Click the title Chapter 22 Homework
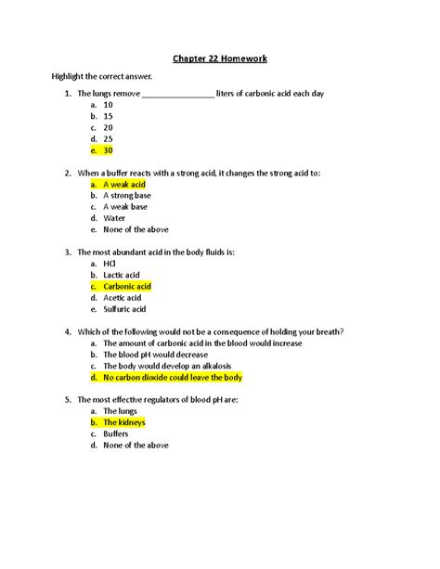click(219, 58)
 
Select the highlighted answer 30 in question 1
click(109, 149)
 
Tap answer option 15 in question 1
click(109, 116)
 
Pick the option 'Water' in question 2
click(114, 218)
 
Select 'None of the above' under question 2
click(136, 229)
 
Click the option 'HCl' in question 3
click(110, 264)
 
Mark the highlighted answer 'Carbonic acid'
click(127, 287)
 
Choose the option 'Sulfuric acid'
click(124, 309)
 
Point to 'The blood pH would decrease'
click(156, 355)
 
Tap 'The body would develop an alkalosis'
click(171, 366)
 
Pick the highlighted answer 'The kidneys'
click(123, 422)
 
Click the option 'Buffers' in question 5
click(117, 433)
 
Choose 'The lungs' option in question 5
click(120, 410)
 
